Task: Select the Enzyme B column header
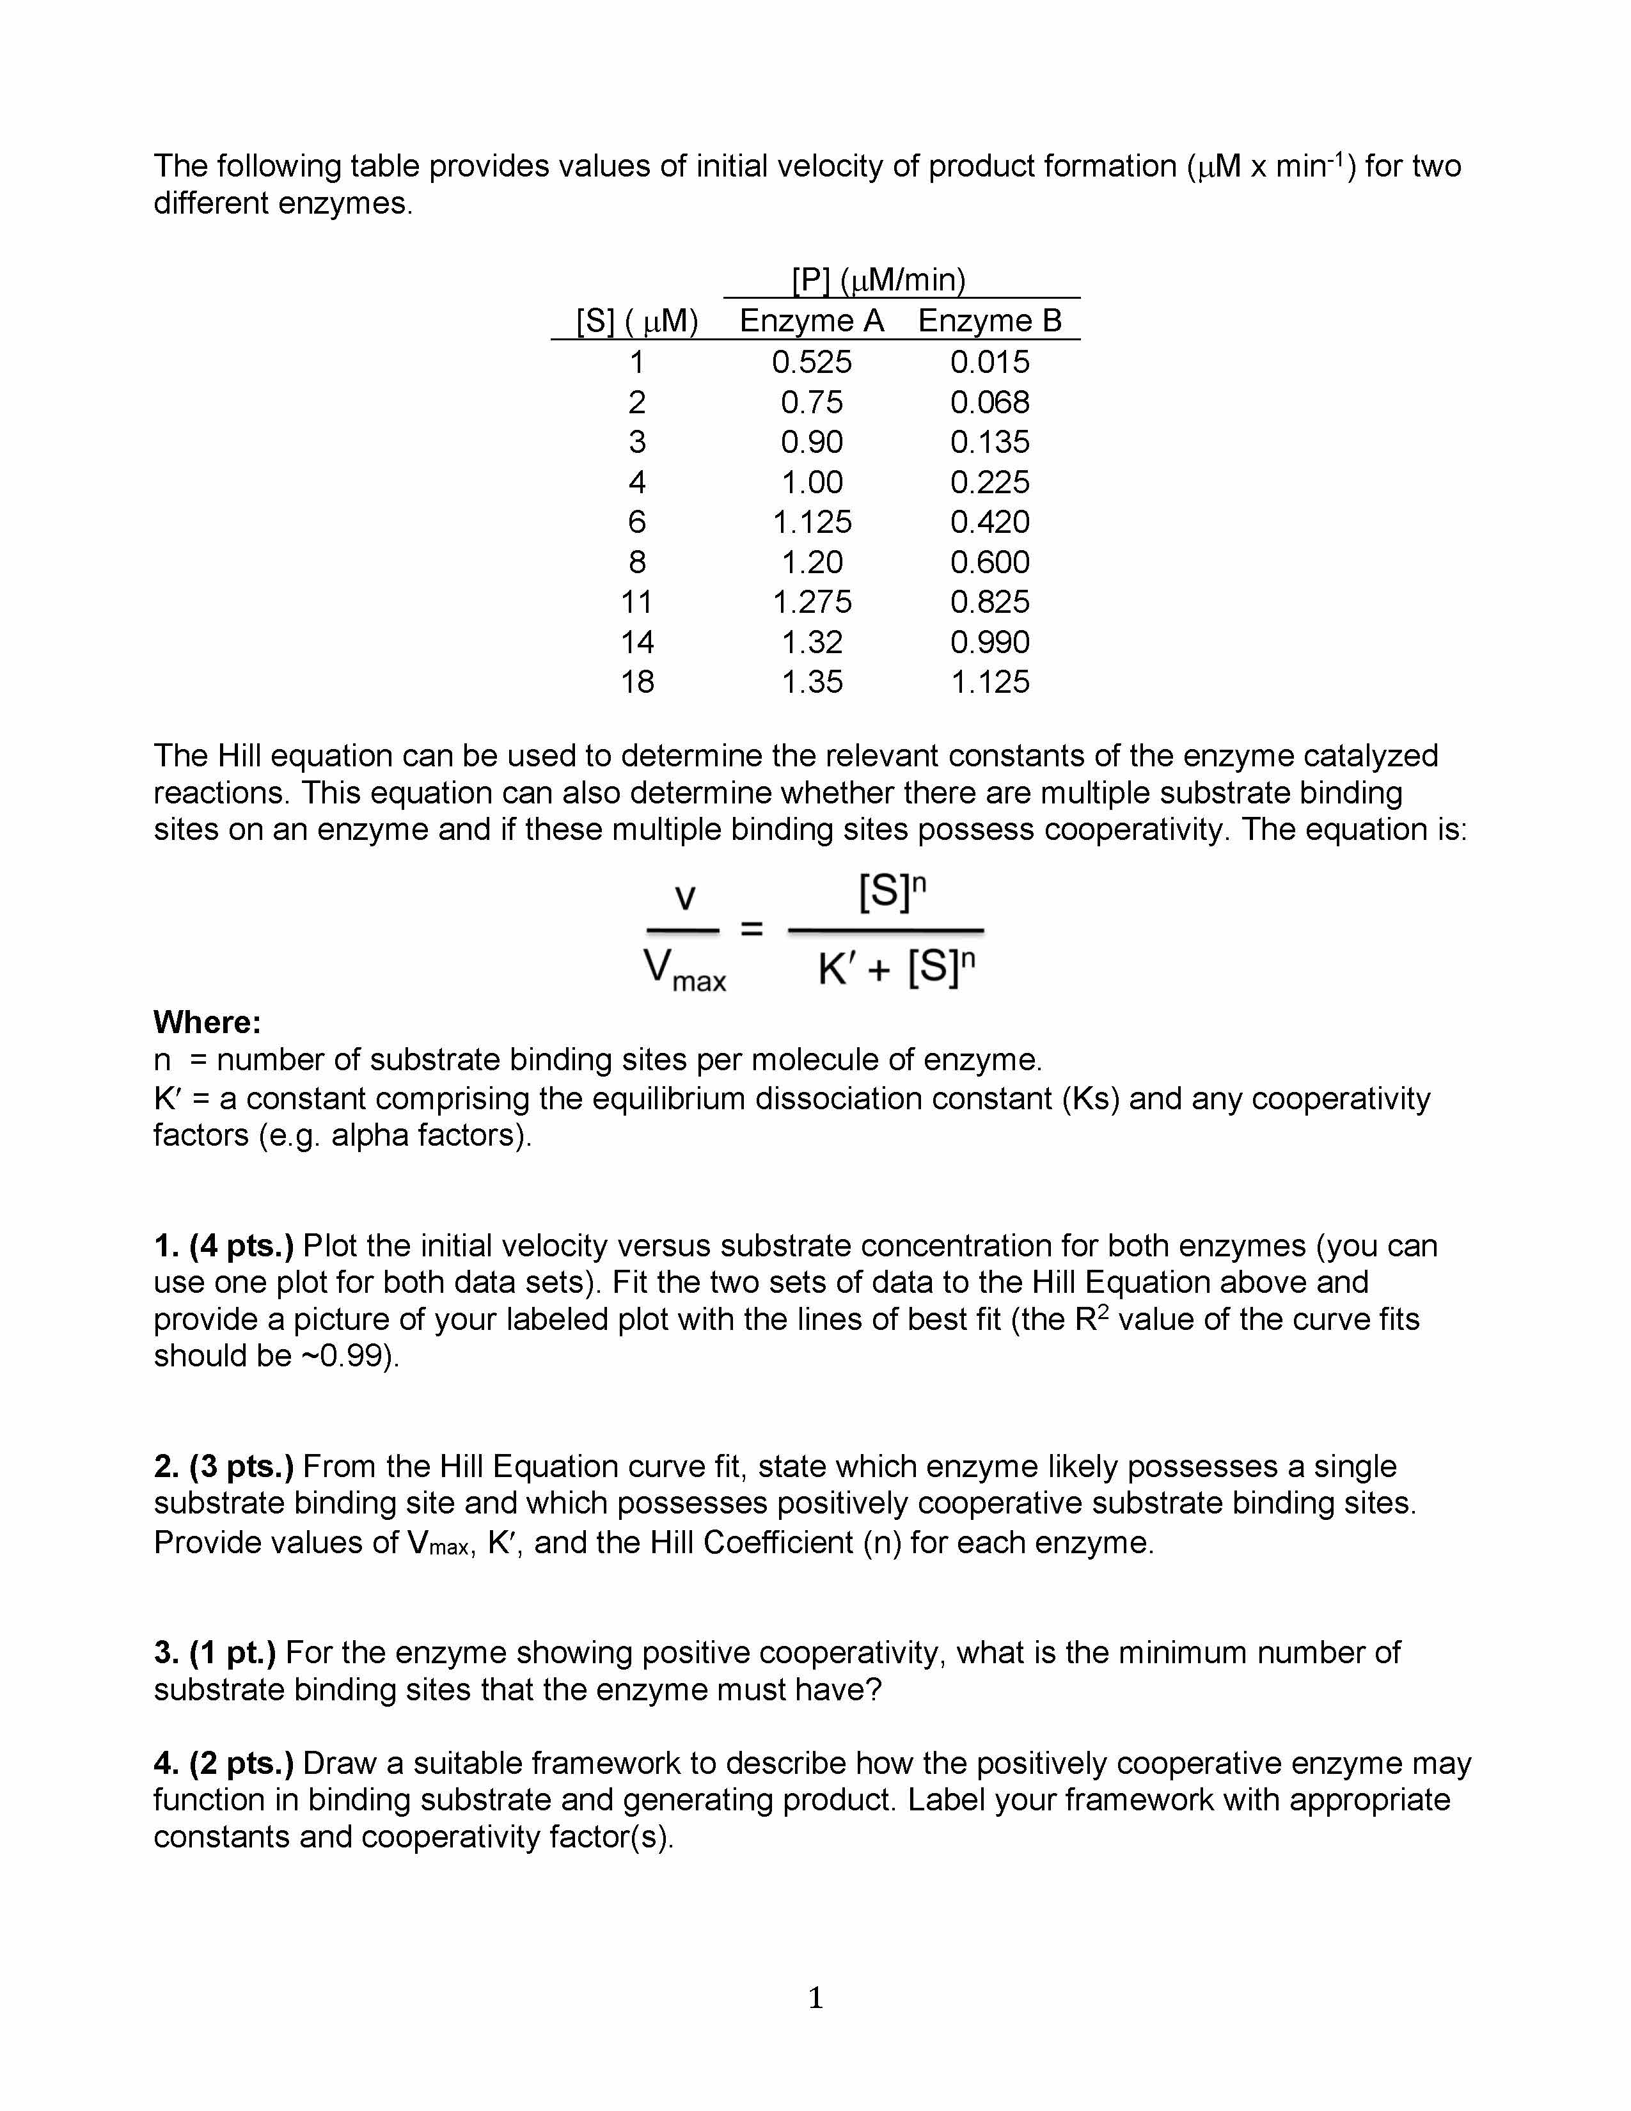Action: [x=989, y=321]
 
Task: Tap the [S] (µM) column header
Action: [x=637, y=321]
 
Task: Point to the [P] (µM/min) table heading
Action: [x=878, y=280]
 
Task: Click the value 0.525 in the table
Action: [x=812, y=363]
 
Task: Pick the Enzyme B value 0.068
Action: [x=989, y=402]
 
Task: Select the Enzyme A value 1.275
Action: [x=812, y=602]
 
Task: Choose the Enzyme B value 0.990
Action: [x=989, y=642]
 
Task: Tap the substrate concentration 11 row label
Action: [x=637, y=602]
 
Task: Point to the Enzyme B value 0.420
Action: [x=989, y=522]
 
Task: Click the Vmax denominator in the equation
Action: [x=684, y=970]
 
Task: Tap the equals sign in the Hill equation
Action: [x=752, y=930]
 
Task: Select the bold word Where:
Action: [x=207, y=1023]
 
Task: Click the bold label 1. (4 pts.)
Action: [x=223, y=1246]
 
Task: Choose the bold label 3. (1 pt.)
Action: [x=214, y=1653]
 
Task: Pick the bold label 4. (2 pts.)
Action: [x=223, y=1764]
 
